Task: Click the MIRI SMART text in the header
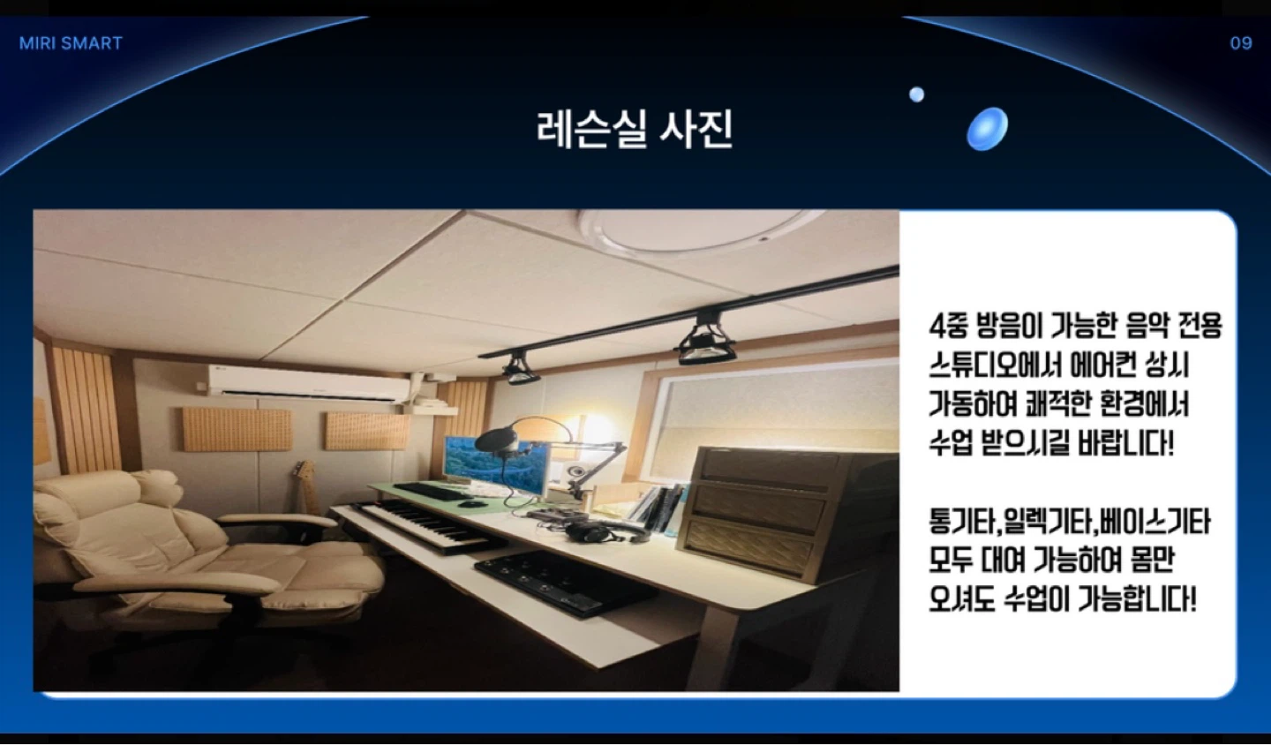[x=71, y=43]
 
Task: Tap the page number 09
[x=1241, y=43]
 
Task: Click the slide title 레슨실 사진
[x=635, y=130]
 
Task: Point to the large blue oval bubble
[x=988, y=129]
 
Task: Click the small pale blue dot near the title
[x=916, y=94]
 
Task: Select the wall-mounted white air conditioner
[x=308, y=383]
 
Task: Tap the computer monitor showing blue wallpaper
[x=495, y=463]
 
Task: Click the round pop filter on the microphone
[x=496, y=440]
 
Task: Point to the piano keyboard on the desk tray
[x=423, y=525]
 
